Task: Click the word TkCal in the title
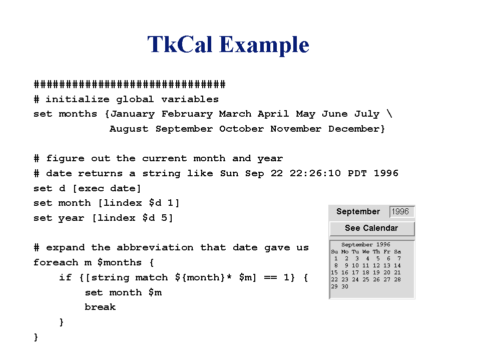(x=179, y=45)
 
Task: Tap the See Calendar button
(x=371, y=228)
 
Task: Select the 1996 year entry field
(x=401, y=212)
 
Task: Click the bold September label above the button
(x=358, y=212)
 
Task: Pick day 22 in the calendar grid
(x=334, y=279)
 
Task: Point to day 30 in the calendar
(x=345, y=286)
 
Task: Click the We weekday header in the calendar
(x=366, y=252)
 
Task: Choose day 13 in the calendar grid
(x=386, y=265)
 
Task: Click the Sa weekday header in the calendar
(x=397, y=252)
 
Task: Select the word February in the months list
(x=187, y=114)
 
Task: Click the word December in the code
(x=354, y=129)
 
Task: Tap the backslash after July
(x=389, y=114)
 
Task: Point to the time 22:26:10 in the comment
(x=315, y=173)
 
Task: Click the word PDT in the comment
(x=357, y=173)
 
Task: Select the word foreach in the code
(x=56, y=262)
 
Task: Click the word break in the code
(x=100, y=307)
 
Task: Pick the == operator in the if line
(x=270, y=278)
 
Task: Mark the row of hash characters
(x=130, y=84)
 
